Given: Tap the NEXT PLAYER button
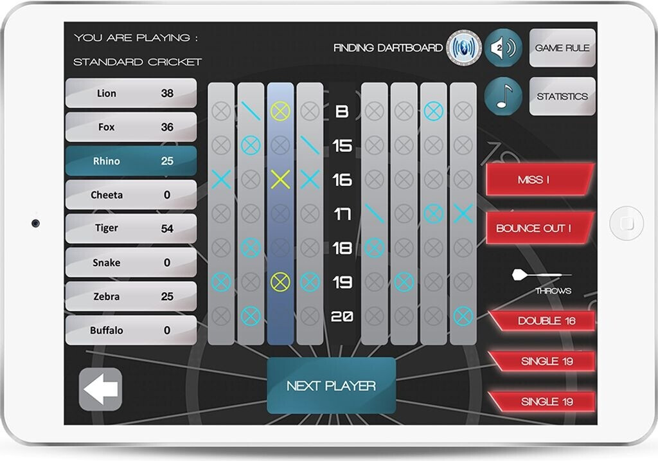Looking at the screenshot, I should point(331,386).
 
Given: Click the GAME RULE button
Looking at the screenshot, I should point(562,48).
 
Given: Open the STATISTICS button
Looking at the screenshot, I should point(562,96).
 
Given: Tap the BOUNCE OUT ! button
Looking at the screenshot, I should point(538,228).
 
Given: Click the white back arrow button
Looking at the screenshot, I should point(100,389).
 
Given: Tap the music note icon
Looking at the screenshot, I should point(503,96).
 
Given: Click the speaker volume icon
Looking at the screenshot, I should point(503,48).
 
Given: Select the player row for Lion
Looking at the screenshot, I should point(131,93).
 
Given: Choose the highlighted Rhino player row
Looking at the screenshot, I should point(131,161).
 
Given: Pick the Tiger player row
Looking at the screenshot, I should point(131,228).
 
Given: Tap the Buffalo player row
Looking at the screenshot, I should point(131,330).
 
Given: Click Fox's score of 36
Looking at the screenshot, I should point(167,127).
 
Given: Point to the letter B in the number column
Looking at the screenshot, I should point(342,112).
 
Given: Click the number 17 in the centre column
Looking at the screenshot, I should point(342,213).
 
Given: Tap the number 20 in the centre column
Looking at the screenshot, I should point(342,316).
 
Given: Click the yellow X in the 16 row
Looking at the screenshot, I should point(280,179).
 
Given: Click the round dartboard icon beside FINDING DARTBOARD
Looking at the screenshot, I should point(463,48).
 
